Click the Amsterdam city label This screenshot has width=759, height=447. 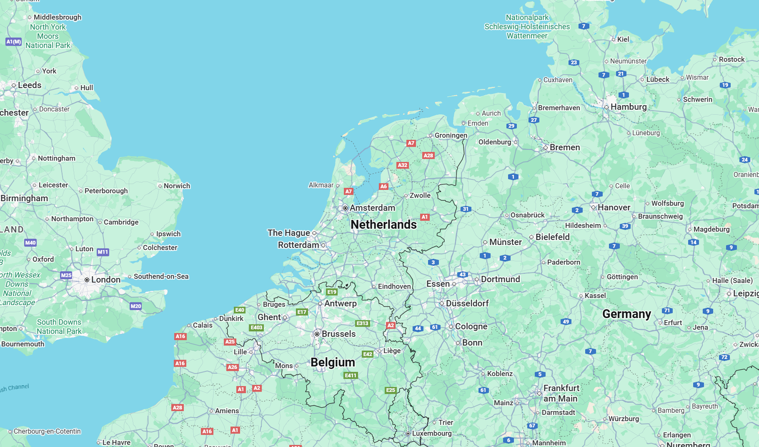pyautogui.click(x=372, y=208)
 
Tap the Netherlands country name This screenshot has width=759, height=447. pyautogui.click(x=383, y=225)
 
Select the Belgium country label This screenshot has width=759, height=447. pyautogui.click(x=333, y=362)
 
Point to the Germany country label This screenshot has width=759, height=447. pyautogui.click(x=626, y=314)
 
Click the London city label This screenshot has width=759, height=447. pyautogui.click(x=105, y=280)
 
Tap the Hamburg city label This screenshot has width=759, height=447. pyautogui.click(x=628, y=107)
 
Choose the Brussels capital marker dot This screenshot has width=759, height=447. pyautogui.click(x=317, y=334)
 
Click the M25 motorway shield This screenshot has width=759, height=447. pyautogui.click(x=66, y=275)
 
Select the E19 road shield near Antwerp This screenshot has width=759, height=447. pyautogui.click(x=332, y=292)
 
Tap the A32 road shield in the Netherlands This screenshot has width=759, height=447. pyautogui.click(x=402, y=165)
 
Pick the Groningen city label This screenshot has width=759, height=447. pyautogui.click(x=451, y=135)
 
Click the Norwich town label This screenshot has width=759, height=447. pyautogui.click(x=177, y=186)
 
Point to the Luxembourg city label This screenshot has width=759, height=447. pyautogui.click(x=431, y=433)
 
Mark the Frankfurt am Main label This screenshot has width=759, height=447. pyautogui.click(x=561, y=393)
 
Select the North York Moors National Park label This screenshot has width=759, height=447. pyautogui.click(x=48, y=36)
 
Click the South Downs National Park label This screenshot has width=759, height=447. pyautogui.click(x=59, y=326)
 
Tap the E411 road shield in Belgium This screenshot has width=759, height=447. pyautogui.click(x=351, y=375)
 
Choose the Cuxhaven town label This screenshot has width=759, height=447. pyautogui.click(x=558, y=80)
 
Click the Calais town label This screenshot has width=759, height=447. pyautogui.click(x=203, y=325)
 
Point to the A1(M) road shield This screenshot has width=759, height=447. pyautogui.click(x=13, y=42)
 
